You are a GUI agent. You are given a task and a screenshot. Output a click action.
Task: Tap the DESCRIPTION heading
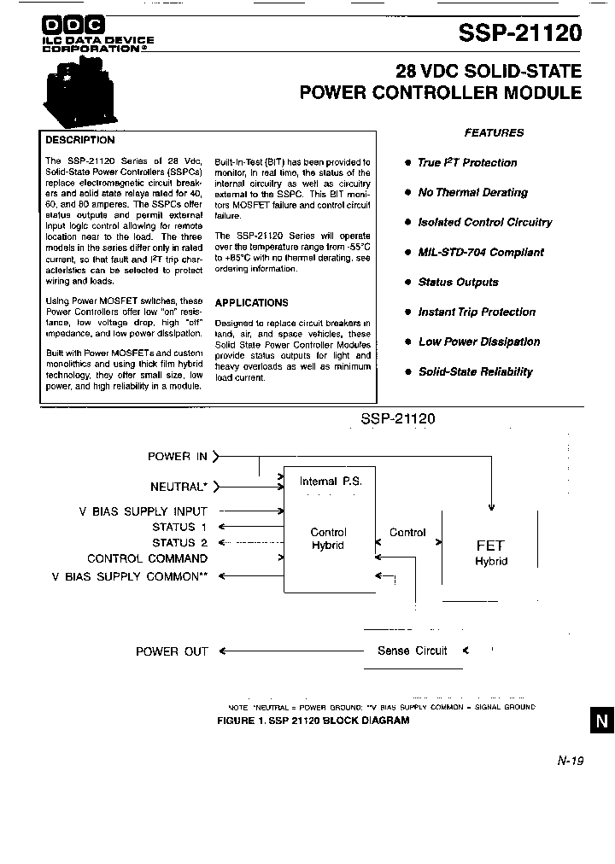(79, 140)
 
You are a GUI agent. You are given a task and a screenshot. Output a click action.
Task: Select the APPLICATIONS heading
(251, 302)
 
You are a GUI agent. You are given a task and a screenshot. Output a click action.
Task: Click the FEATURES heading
(494, 132)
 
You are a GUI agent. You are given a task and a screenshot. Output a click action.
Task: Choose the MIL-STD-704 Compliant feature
(480, 252)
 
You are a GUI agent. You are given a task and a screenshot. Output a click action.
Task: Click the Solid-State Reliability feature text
(475, 371)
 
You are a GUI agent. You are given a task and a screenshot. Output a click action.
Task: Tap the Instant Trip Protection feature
(477, 312)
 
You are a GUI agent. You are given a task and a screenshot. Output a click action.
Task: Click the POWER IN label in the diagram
(178, 457)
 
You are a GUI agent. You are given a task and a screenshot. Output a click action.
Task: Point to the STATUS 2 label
(179, 542)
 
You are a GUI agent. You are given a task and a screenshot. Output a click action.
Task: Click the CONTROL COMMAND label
(147, 558)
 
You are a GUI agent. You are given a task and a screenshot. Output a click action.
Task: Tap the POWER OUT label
(172, 651)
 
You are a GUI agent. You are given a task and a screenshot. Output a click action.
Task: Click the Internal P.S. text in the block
(330, 482)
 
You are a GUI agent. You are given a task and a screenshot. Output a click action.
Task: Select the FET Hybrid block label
(490, 552)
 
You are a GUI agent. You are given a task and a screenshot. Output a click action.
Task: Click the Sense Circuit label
(412, 651)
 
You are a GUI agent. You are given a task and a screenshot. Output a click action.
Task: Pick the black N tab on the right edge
(601, 721)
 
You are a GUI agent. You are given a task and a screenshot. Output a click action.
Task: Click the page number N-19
(569, 761)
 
